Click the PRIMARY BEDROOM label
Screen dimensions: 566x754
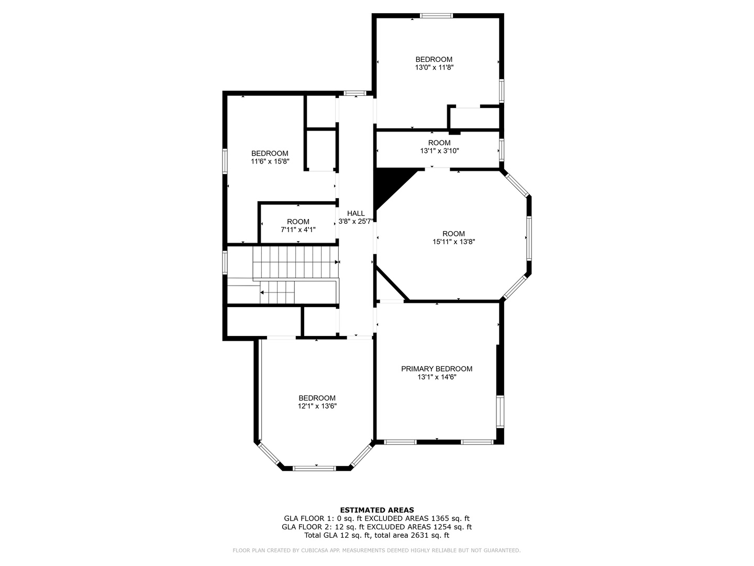437,369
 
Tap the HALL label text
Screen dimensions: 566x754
356,213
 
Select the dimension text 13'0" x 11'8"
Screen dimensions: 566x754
434,68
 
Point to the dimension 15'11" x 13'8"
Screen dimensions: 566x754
453,242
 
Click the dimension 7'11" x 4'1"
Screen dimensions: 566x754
298,230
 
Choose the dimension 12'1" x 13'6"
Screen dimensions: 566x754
317,406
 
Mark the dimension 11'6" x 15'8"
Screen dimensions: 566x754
270,161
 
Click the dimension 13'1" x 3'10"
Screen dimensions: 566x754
439,151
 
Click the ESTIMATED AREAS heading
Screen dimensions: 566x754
377,510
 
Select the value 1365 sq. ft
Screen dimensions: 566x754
447,518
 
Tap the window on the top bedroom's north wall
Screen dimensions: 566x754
437,16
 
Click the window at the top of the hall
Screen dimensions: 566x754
354,94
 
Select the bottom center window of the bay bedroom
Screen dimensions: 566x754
314,468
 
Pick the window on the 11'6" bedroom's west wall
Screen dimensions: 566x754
225,161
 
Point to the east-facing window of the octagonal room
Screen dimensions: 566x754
529,238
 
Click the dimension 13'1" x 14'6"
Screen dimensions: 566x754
437,377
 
